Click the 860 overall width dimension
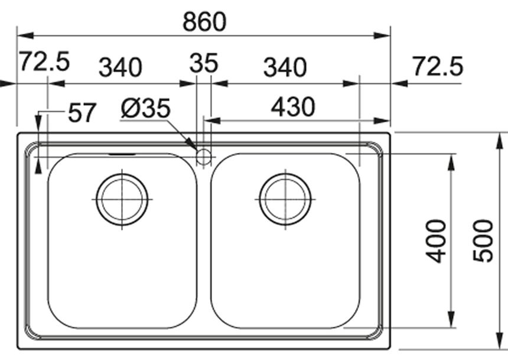[204, 22]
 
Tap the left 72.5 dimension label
[44, 61]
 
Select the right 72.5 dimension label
[438, 66]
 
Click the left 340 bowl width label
[120, 67]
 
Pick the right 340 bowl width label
[285, 67]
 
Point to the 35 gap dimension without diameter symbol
[204, 63]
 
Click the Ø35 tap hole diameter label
[145, 108]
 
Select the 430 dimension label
[293, 107]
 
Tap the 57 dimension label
[82, 112]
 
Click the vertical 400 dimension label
[436, 241]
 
